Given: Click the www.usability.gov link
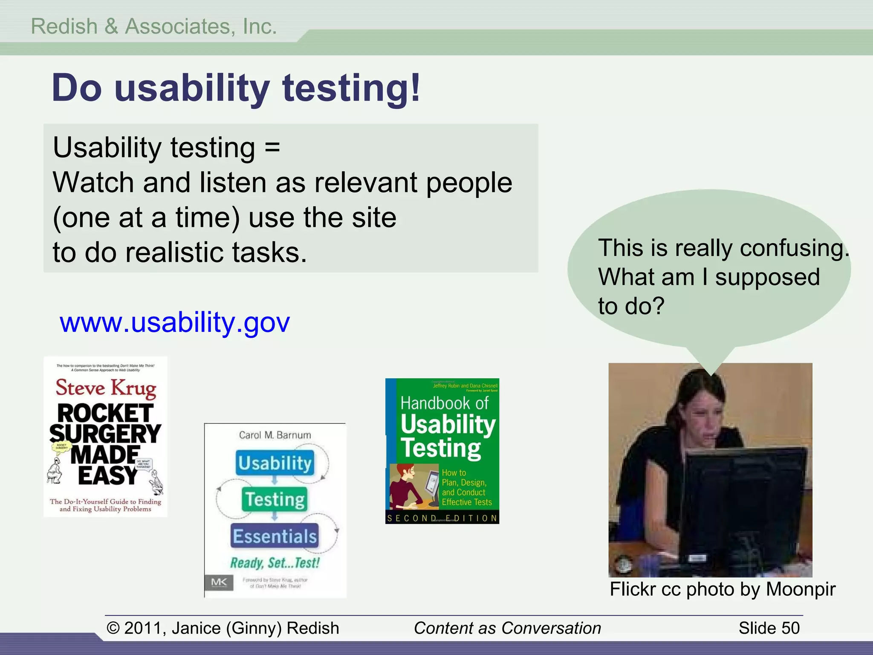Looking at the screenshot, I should (174, 322).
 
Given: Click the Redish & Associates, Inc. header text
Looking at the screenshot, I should (154, 26).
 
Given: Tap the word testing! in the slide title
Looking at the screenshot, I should (351, 88).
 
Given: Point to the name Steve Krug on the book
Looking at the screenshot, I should (106, 388).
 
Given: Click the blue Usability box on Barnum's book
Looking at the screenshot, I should (275, 463).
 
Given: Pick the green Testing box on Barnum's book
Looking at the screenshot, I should (275, 499).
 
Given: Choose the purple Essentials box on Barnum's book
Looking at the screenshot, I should (275, 536).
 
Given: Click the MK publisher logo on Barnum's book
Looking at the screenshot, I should (219, 582).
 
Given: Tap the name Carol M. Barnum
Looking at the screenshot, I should (275, 435).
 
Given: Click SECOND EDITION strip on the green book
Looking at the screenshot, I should (442, 518).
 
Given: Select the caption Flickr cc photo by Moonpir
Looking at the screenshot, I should (723, 589).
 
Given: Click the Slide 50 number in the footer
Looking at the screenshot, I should (769, 628).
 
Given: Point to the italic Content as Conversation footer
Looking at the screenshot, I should (507, 628).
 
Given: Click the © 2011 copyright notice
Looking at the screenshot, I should (223, 628).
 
